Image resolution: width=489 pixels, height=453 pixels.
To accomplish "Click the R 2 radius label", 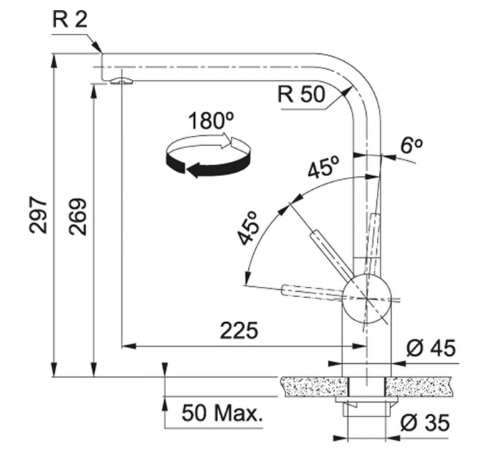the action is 70,20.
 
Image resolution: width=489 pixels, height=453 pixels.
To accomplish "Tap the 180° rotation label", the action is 211,121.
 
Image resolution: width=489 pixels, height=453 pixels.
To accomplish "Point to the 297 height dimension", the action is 38,215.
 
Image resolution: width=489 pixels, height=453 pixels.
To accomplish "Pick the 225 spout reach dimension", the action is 239,330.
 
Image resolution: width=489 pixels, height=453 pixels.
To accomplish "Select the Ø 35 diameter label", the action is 425,423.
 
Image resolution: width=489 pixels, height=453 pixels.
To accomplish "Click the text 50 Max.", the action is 222,413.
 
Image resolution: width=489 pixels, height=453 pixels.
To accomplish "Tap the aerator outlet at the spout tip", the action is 122,81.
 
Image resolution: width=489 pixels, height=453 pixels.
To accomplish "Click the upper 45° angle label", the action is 323,167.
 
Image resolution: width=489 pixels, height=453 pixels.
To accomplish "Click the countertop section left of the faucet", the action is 314,387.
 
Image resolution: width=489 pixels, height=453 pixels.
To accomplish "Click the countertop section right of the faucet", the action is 419,387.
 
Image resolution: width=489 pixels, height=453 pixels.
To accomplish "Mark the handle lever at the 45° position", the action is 332,253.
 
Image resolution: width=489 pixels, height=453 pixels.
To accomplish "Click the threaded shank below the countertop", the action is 367,409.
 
